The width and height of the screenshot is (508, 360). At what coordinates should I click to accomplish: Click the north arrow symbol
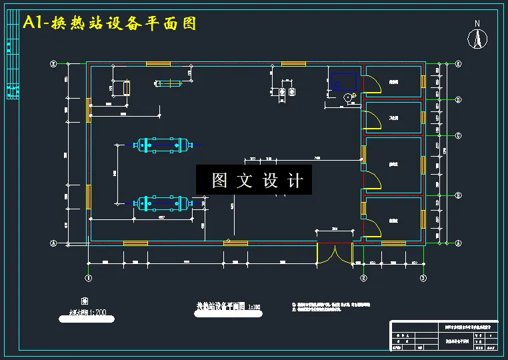(477, 38)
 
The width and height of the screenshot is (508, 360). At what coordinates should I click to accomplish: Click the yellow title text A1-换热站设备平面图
(110, 23)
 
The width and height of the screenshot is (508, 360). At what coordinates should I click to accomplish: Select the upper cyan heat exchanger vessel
(161, 145)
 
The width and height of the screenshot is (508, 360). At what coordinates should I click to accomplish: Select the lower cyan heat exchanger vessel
(161, 203)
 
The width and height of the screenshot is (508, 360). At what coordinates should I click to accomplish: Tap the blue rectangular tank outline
(344, 82)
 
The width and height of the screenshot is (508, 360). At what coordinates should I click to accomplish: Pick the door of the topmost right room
(372, 84)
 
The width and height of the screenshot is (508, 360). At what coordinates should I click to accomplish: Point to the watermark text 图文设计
(254, 180)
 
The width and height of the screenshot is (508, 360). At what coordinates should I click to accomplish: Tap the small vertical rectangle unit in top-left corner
(125, 87)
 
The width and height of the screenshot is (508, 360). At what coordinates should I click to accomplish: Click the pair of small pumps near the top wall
(287, 91)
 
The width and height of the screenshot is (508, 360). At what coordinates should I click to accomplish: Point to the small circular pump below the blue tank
(347, 97)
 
